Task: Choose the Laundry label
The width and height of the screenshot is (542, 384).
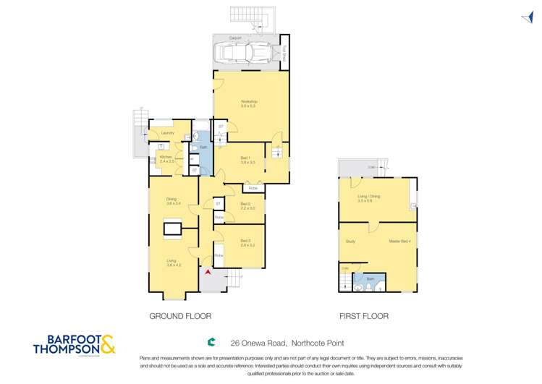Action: coord(168,133)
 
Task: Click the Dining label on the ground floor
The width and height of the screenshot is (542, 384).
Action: coord(172,201)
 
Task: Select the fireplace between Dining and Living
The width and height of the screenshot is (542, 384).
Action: coord(172,229)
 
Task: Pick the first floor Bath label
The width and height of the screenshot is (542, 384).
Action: coord(369,278)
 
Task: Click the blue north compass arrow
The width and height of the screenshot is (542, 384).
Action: coord(526,19)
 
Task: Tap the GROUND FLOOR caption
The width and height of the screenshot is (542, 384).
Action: coord(180,316)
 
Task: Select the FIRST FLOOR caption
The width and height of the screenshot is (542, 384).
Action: coord(364,316)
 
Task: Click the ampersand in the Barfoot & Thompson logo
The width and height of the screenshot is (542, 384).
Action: coord(106,344)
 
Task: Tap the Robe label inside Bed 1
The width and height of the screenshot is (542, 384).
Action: coord(253,188)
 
